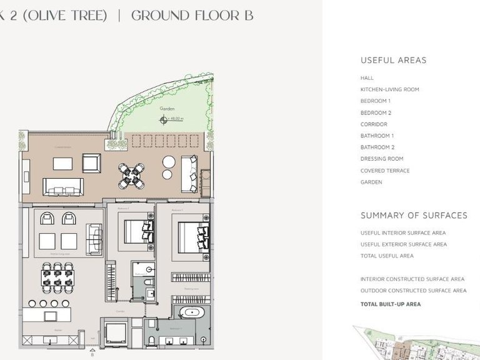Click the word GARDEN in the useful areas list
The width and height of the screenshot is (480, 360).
point(371,182)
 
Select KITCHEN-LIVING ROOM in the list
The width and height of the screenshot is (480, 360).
point(389,89)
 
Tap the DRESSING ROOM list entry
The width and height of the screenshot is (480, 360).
point(382,159)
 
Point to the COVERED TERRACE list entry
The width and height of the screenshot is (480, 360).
point(385,171)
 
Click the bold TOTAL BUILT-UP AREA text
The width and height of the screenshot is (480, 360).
point(391,304)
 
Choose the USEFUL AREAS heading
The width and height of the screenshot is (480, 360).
point(393,61)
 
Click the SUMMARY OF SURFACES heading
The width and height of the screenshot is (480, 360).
point(414,216)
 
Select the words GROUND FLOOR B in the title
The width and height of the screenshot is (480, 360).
point(192,16)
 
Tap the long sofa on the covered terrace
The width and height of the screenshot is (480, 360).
point(62,186)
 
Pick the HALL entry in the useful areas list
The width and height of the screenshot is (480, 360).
point(367,78)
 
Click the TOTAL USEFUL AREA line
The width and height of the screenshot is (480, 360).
point(387,256)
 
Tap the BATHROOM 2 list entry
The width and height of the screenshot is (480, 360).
point(377,147)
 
